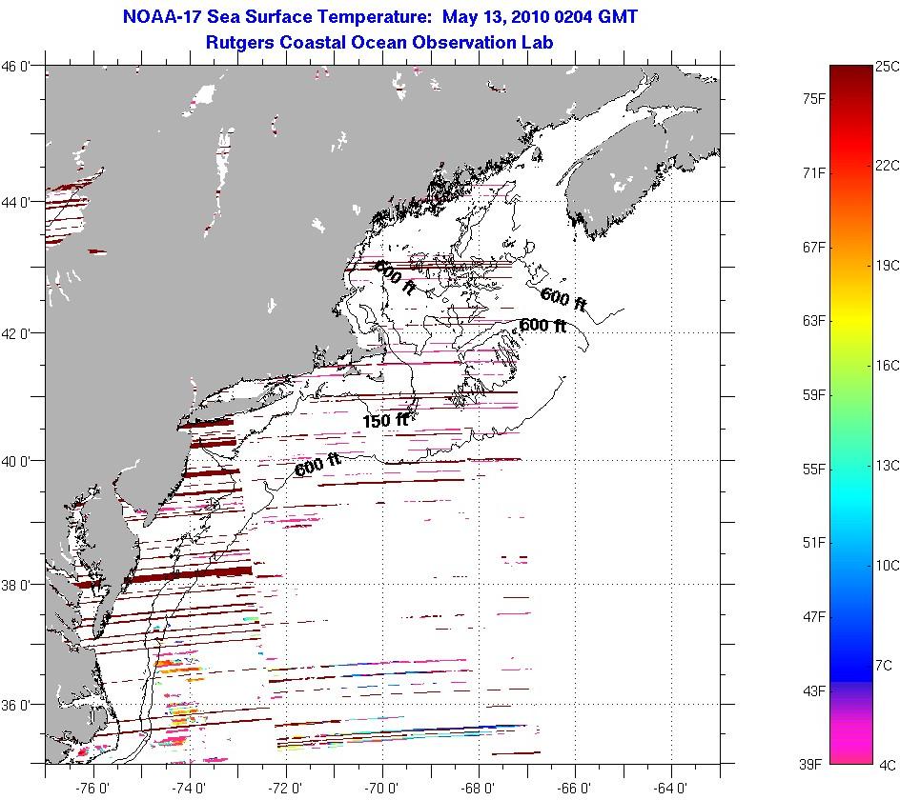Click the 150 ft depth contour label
(385, 420)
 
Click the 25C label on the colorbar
(887, 67)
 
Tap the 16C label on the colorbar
(887, 366)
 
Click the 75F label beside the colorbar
(814, 98)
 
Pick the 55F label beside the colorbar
(814, 470)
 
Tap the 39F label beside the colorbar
(814, 764)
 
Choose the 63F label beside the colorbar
(814, 321)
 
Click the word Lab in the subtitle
(539, 42)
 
